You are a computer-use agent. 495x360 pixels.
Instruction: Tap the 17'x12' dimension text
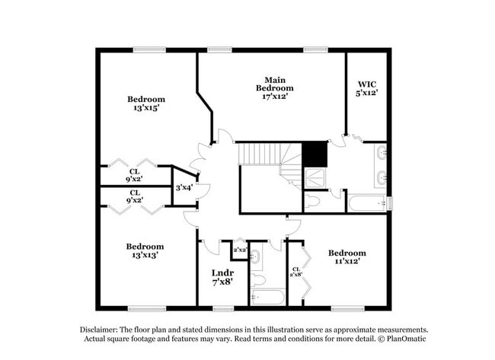[x=275, y=96]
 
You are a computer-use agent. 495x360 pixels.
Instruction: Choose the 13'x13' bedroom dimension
[x=145, y=256]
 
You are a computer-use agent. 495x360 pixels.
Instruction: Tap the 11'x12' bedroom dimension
[x=346, y=261]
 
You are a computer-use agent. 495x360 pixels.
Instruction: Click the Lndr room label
[x=222, y=272]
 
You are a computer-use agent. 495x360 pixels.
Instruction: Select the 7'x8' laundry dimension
[x=222, y=282]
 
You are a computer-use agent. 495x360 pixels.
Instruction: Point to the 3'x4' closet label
[x=183, y=187]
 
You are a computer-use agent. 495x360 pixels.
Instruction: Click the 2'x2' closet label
[x=239, y=250]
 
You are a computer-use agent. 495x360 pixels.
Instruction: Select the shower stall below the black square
[x=315, y=178]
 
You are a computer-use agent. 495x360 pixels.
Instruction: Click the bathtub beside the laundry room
[x=268, y=296]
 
